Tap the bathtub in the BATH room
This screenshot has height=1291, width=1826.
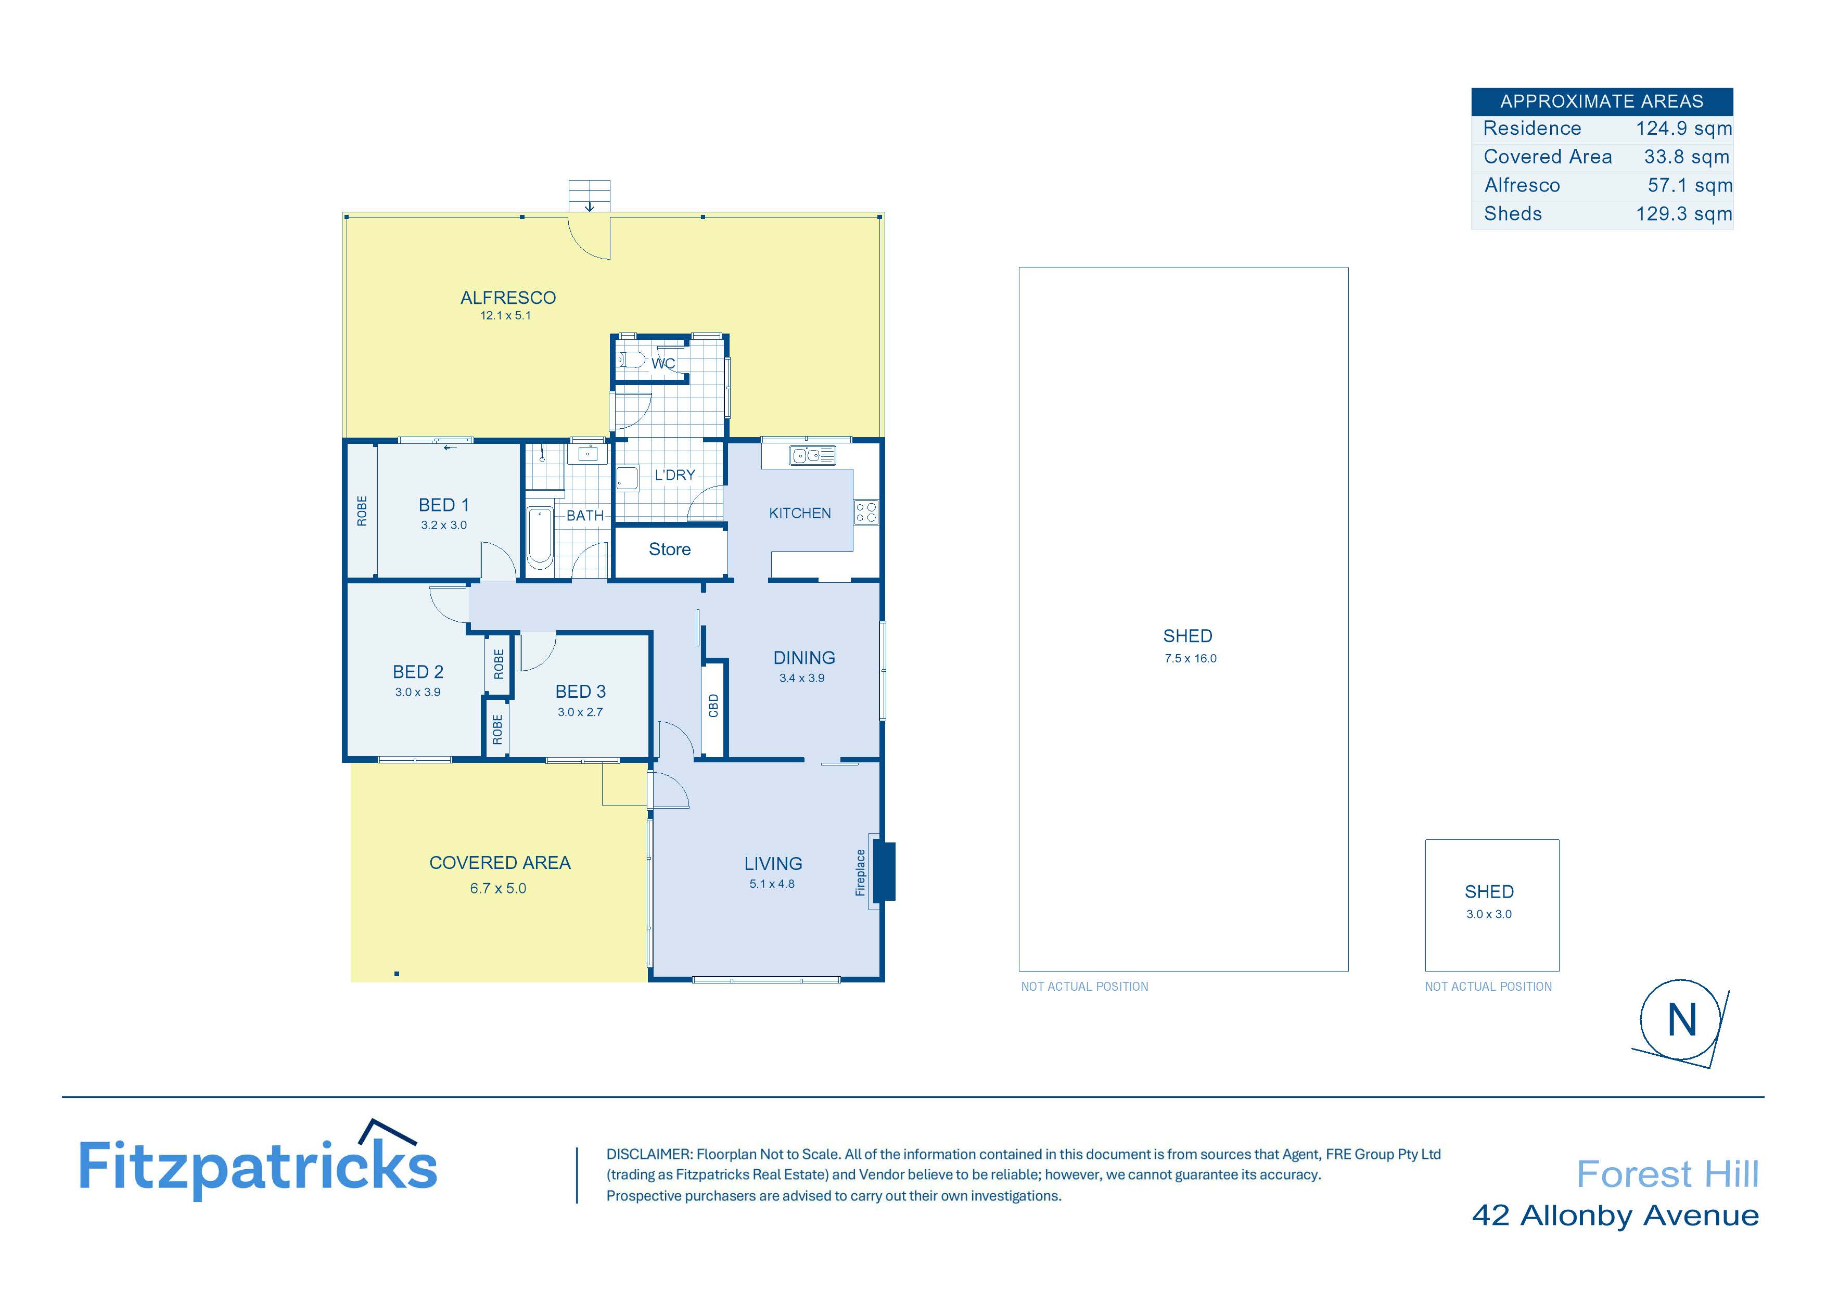[x=540, y=538]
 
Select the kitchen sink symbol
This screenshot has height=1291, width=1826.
[x=812, y=456]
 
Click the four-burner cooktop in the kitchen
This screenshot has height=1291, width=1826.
[x=867, y=512]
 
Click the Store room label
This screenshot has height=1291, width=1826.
[x=670, y=549]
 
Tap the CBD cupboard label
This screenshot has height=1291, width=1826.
[x=713, y=706]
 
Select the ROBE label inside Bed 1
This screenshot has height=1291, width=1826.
[x=362, y=510]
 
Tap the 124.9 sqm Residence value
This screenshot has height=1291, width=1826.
[x=1683, y=129]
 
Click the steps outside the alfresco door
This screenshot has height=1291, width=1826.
[x=589, y=196]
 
